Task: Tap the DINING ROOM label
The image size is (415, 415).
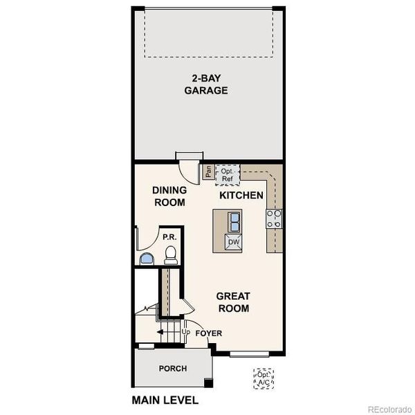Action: pyautogui.click(x=169, y=196)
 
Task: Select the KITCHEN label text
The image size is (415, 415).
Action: pyautogui.click(x=241, y=196)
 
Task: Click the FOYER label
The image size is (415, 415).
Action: pyautogui.click(x=208, y=333)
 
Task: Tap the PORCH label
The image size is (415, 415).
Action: pyautogui.click(x=172, y=369)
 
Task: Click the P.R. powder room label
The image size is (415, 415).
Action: pyautogui.click(x=169, y=237)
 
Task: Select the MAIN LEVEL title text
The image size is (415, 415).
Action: pyautogui.click(x=165, y=400)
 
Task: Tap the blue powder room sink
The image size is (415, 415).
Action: pyautogui.click(x=147, y=259)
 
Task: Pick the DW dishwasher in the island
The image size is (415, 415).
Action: pyautogui.click(x=233, y=242)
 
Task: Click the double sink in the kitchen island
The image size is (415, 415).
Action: pyautogui.click(x=234, y=222)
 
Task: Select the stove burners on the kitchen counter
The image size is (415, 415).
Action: pyautogui.click(x=274, y=219)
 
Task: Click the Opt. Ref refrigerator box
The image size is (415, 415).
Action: pyautogui.click(x=228, y=174)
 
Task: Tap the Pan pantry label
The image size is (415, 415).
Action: pyautogui.click(x=207, y=171)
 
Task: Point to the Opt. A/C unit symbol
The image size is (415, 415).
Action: pyautogui.click(x=263, y=378)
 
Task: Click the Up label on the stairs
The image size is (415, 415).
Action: pyautogui.click(x=185, y=333)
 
